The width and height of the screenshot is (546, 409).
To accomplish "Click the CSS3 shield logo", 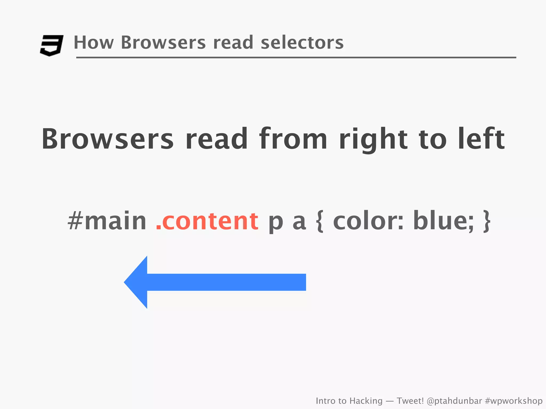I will click(x=51, y=45).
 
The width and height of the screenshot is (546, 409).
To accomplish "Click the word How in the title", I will click(x=94, y=43).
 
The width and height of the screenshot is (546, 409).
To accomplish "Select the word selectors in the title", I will click(x=302, y=43).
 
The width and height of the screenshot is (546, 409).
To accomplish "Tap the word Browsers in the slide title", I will click(x=163, y=43).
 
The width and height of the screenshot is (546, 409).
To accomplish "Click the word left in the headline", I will click(x=481, y=139).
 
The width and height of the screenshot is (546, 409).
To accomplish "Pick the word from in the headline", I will click(x=293, y=139).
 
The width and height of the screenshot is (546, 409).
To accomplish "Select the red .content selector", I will click(x=207, y=221).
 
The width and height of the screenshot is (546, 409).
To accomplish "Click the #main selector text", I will click(x=107, y=221).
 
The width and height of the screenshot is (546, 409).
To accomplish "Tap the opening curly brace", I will click(x=320, y=221).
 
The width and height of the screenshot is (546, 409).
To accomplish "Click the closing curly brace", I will click(x=487, y=221).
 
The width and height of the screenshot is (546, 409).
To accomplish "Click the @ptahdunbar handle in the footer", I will click(x=454, y=401).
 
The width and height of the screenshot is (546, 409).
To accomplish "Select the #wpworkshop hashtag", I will click(x=513, y=401).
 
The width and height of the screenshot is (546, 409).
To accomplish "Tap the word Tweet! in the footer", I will click(x=410, y=401).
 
